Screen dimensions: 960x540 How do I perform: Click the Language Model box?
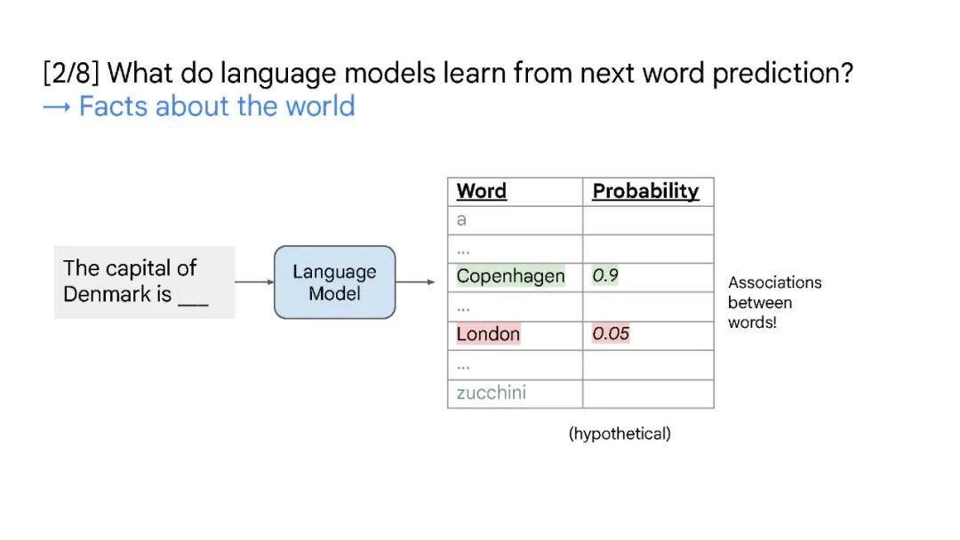tap(334, 282)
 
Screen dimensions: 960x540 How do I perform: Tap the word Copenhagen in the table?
tap(510, 276)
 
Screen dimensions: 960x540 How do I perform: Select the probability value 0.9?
tap(605, 275)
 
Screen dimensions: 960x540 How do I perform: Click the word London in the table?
tap(488, 334)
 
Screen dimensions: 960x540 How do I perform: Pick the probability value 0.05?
tap(611, 333)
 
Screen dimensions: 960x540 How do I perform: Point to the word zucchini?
tap(491, 393)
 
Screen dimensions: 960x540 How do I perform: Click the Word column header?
tap(481, 191)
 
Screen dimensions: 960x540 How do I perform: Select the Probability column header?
tap(645, 191)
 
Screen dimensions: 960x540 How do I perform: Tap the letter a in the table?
tap(461, 220)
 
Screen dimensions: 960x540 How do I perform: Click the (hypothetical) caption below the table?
tap(620, 433)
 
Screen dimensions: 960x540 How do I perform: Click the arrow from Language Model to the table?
tap(415, 282)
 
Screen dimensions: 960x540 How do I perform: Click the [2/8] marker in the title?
tap(71, 73)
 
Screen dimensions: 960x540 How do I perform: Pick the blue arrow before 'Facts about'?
tap(57, 107)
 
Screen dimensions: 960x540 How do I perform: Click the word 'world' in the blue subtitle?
tap(320, 106)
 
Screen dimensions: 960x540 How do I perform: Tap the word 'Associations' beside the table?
tap(774, 282)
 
